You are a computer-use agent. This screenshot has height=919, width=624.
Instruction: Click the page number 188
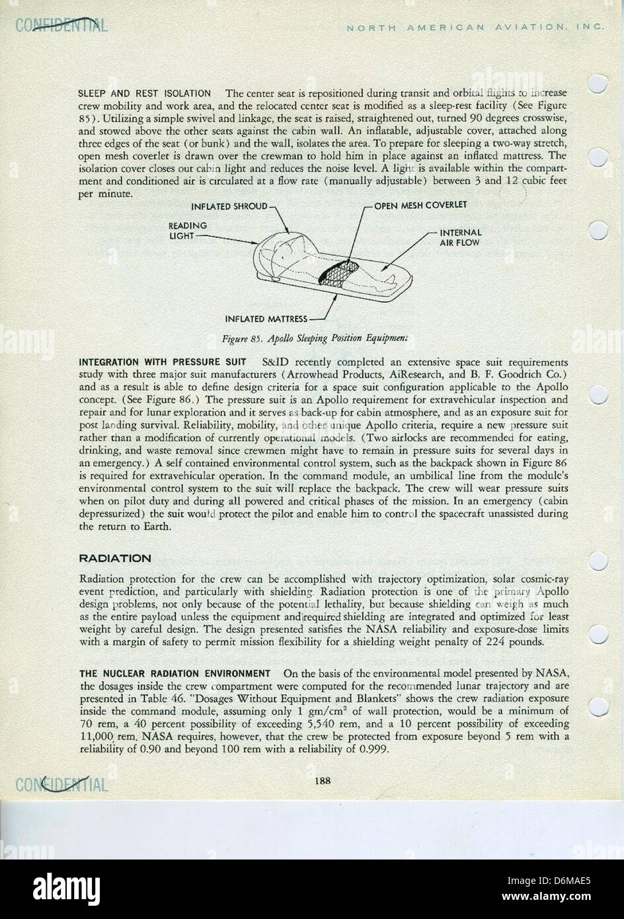coord(323,780)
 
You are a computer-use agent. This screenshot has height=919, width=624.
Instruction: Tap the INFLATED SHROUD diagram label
coord(229,206)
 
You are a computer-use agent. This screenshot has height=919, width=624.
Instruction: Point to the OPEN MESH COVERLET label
coord(420,206)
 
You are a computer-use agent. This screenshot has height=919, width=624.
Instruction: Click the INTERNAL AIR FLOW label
coord(460,237)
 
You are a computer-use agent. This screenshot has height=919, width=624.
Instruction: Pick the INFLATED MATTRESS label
coord(266,319)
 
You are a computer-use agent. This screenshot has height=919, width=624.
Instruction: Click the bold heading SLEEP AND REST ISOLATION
coord(145,94)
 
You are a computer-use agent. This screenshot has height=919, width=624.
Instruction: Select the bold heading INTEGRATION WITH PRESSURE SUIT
coord(163,362)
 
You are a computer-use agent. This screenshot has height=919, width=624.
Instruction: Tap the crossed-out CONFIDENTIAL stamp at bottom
coord(60,784)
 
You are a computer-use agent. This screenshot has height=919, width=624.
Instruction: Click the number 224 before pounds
coord(513,641)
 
